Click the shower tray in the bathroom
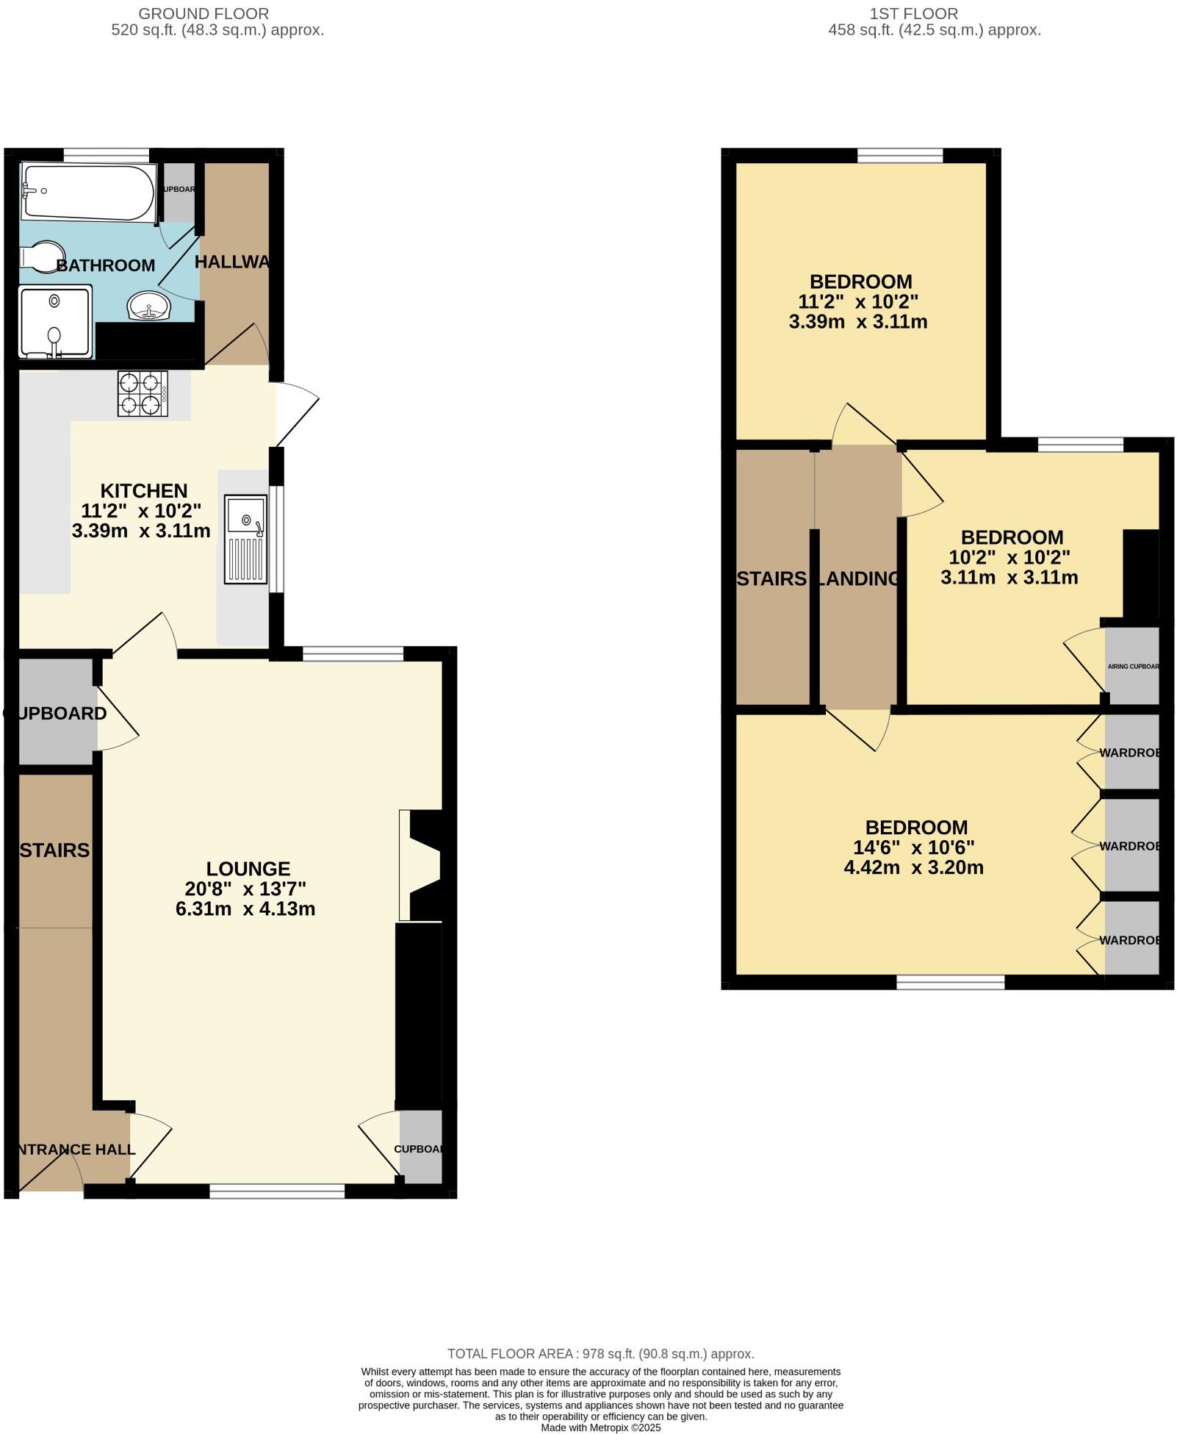pyautogui.click(x=56, y=321)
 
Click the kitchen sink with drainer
pyautogui.click(x=246, y=539)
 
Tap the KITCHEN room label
pyautogui.click(x=144, y=490)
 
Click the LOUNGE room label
pyautogui.click(x=248, y=869)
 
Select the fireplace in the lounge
pyautogui.click(x=420, y=864)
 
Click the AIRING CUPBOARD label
pyautogui.click(x=1133, y=667)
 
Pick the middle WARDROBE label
pyautogui.click(x=1130, y=846)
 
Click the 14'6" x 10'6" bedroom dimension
pyautogui.click(x=915, y=847)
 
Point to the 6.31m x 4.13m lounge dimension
pyautogui.click(x=245, y=908)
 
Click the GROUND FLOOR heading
pyautogui.click(x=204, y=14)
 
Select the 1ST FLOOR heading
pyautogui.click(x=913, y=14)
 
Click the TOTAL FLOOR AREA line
pyautogui.click(x=600, y=1353)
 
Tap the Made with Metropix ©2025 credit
pyautogui.click(x=600, y=1427)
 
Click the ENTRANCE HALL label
pyautogui.click(x=73, y=1149)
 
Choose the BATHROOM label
pyautogui.click(x=106, y=265)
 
